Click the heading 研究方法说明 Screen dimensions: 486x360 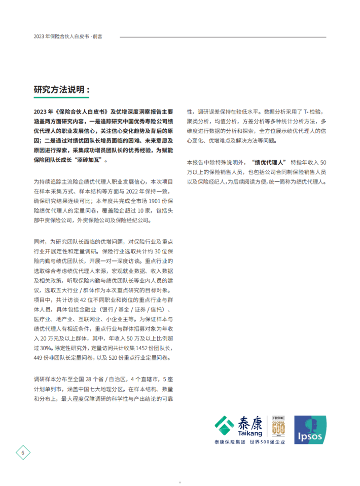coord(61,90)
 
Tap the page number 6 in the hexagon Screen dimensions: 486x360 coord(23,452)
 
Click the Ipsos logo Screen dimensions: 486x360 coord(310,429)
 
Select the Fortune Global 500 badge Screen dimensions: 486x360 coord(276,425)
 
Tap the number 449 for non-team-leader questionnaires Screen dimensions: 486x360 coord(39,358)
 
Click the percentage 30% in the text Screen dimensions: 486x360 coord(46,348)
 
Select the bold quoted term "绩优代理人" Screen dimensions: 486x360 coord(269,162)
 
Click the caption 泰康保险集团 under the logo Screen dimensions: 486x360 coord(230,442)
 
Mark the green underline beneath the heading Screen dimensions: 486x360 coord(61,98)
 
